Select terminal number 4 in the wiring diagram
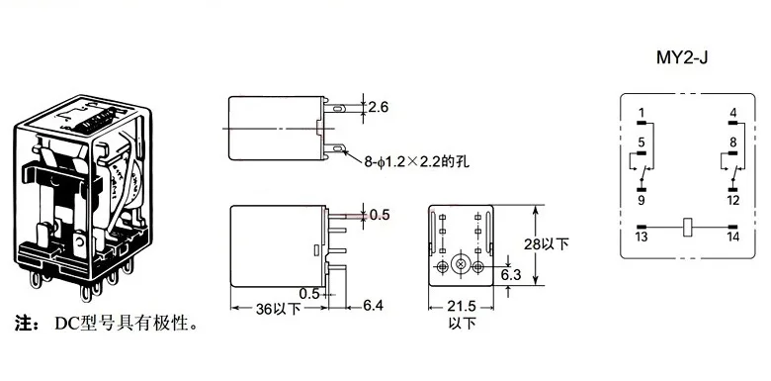click(732, 112)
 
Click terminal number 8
click(732, 143)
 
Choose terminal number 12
click(732, 201)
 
